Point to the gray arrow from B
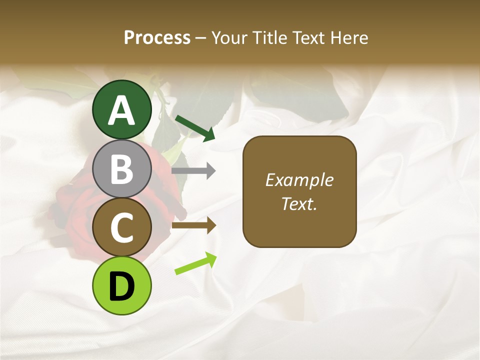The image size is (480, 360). click(x=193, y=170)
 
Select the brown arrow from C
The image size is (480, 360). click(x=193, y=225)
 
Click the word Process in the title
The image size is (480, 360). click(x=157, y=37)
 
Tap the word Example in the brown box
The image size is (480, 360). click(x=299, y=180)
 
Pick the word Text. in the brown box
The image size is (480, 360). click(x=299, y=203)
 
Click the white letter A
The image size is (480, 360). click(x=121, y=110)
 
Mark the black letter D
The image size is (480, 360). click(x=121, y=287)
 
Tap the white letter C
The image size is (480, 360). click(x=121, y=228)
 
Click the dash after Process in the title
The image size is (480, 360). click(x=201, y=38)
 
